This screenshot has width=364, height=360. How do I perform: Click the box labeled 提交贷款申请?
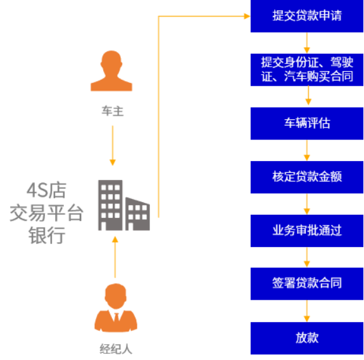click(307, 16)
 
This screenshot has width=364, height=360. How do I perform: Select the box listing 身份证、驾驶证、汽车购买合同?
click(307, 70)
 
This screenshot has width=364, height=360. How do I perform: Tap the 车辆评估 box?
click(307, 124)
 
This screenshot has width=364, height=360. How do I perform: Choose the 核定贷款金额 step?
click(307, 177)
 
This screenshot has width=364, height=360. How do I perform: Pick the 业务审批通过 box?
click(307, 231)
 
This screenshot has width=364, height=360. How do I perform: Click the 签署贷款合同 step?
click(307, 284)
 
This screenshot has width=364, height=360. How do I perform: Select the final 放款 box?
click(307, 338)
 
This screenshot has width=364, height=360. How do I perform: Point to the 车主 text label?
click(113, 111)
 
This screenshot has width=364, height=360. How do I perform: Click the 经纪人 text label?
click(116, 349)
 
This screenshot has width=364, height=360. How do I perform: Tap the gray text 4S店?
click(47, 190)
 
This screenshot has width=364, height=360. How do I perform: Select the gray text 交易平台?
click(46, 213)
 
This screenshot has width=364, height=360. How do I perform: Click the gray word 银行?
click(47, 235)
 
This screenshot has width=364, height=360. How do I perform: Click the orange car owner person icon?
click(111, 71)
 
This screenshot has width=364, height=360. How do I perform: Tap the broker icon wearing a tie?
click(116, 307)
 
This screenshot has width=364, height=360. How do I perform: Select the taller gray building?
click(110, 205)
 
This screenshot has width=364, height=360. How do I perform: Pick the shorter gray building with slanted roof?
click(137, 214)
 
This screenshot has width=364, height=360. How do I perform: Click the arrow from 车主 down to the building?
click(113, 146)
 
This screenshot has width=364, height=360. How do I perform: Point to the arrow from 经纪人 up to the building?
click(115, 257)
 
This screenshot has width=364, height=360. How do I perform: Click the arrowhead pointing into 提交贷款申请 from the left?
click(248, 16)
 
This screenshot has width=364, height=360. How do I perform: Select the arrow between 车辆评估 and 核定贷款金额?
click(307, 150)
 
